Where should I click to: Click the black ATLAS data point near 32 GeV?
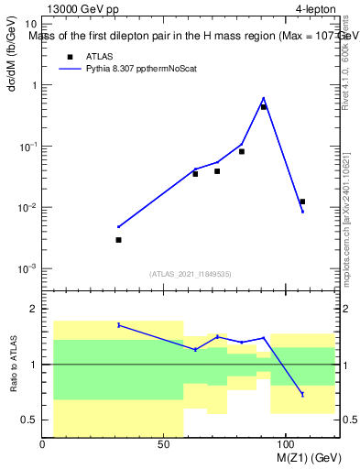click(x=119, y=240)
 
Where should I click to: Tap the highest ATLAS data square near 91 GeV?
click(x=264, y=107)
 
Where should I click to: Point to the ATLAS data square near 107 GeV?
click(x=302, y=202)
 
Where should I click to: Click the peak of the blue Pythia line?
click(x=264, y=97)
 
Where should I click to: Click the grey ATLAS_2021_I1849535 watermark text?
click(x=191, y=273)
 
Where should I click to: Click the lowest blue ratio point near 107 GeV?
click(x=302, y=394)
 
